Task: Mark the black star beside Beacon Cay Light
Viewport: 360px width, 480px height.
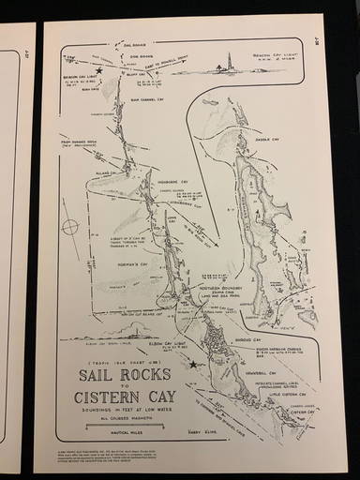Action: (x=97, y=71)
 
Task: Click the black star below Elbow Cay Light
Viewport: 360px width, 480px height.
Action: (x=193, y=364)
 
